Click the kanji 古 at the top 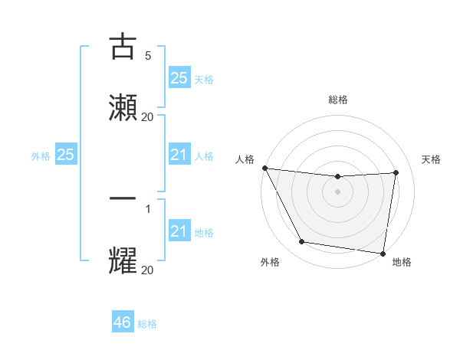[123, 47]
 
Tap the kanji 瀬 [123, 107]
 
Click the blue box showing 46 [123, 322]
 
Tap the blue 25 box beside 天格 [179, 78]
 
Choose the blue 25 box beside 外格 [66, 155]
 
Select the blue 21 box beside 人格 [179, 155]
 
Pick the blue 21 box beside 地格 [179, 231]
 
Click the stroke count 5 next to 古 [148, 56]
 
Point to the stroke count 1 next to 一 [148, 208]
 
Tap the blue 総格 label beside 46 [147, 324]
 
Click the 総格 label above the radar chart [338, 100]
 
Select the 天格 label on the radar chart [431, 159]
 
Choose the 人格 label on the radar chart [245, 159]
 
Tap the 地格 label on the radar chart [402, 262]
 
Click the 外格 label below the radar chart [270, 262]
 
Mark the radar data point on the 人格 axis [264, 168]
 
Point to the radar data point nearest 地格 [383, 252]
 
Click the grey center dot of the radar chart [338, 191]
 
